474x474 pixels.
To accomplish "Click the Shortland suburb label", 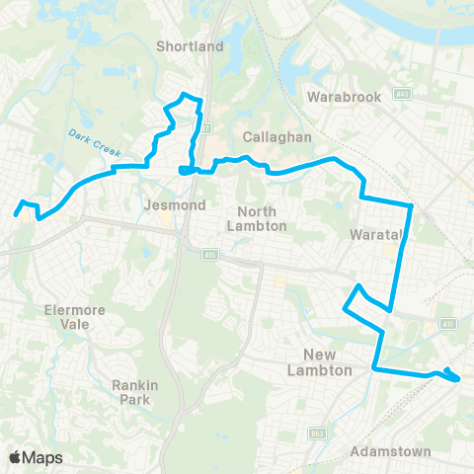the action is click(x=191, y=46).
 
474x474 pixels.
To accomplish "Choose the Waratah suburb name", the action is click(x=373, y=235).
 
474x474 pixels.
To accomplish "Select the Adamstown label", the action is click(x=391, y=451).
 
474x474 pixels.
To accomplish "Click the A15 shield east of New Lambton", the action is click(x=447, y=324).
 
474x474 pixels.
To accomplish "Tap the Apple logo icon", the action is click(x=16, y=457).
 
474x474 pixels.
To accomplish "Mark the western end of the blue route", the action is click(x=16, y=213).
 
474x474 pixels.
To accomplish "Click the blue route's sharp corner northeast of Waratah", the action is click(x=410, y=205).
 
